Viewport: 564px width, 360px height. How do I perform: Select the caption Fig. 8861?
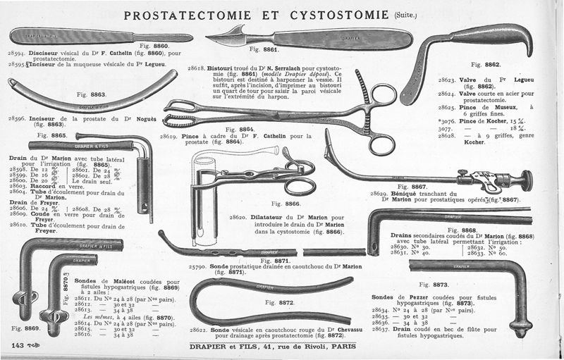264,51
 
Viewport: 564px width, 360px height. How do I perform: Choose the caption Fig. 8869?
25,328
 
